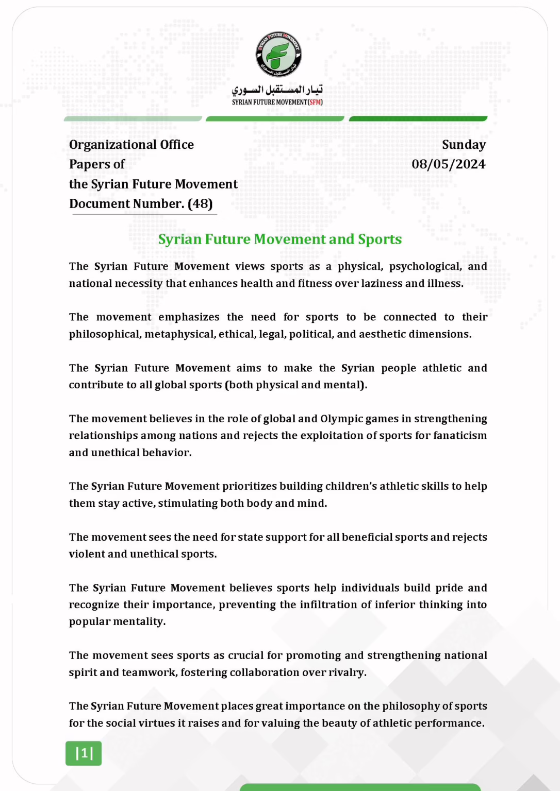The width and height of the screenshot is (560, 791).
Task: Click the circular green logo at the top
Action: (x=278, y=55)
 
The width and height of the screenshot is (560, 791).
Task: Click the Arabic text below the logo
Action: (x=277, y=90)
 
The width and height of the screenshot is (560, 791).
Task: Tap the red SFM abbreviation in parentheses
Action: (x=315, y=102)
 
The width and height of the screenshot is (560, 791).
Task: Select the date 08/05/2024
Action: (x=448, y=164)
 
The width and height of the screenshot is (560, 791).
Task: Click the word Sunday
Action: (x=464, y=145)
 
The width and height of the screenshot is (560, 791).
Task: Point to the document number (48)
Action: (x=200, y=204)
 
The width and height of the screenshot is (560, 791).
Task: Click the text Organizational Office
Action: (x=131, y=145)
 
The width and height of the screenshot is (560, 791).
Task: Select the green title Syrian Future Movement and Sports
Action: (x=279, y=239)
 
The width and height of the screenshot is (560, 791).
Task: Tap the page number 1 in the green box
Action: (x=84, y=753)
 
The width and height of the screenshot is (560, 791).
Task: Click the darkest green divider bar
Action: (x=418, y=119)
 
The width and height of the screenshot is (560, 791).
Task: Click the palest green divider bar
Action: (x=133, y=119)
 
